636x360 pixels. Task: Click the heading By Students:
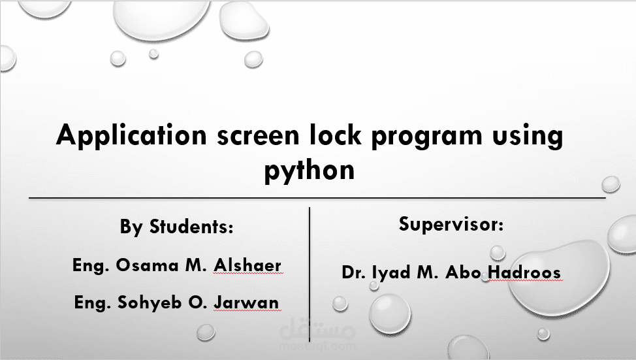[x=176, y=227]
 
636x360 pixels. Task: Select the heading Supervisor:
[x=451, y=224]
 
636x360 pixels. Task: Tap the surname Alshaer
[x=247, y=265]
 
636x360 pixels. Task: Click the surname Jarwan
[x=246, y=303]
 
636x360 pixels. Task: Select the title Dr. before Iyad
[x=352, y=272]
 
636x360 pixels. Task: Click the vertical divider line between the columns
[x=308, y=261]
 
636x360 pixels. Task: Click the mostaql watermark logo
[x=317, y=337]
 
